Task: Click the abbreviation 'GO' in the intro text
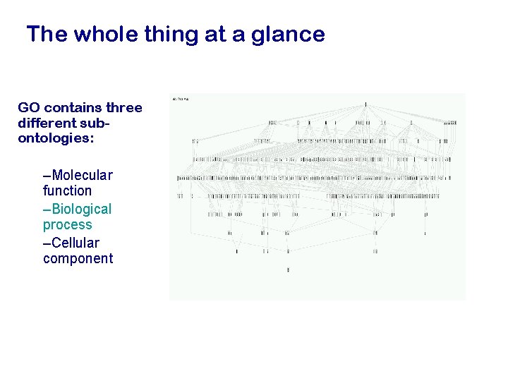click(x=29, y=108)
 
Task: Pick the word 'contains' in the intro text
click(x=73, y=108)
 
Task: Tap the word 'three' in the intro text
click(x=124, y=108)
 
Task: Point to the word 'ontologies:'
click(x=56, y=139)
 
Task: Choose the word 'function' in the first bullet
click(x=67, y=190)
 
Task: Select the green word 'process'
click(x=67, y=224)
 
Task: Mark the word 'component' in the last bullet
click(x=78, y=258)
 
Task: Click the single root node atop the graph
click(x=365, y=104)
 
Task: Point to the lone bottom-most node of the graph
click(x=288, y=270)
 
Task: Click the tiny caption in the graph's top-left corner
click(x=181, y=99)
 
